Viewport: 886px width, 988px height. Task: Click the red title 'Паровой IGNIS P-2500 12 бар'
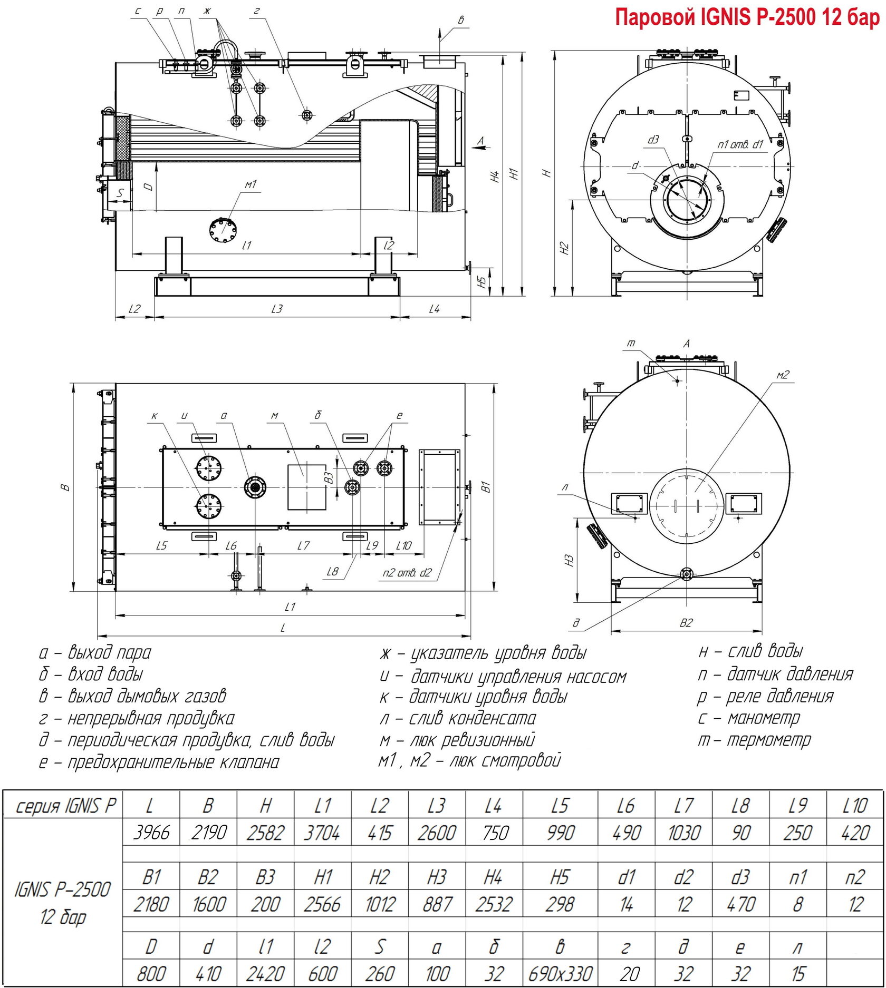click(747, 18)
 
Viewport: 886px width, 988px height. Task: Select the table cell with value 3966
click(152, 833)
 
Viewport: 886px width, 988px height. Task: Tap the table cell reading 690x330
click(560, 973)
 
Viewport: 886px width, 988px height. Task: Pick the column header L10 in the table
click(855, 805)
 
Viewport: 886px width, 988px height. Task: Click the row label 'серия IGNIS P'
click(65, 806)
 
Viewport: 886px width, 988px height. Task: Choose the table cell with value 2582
click(265, 833)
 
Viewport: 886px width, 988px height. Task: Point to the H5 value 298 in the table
click(560, 904)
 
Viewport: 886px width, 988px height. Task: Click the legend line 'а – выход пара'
click(95, 652)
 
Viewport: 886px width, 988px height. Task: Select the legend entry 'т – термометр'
click(754, 740)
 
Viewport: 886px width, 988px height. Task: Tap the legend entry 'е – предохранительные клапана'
click(159, 762)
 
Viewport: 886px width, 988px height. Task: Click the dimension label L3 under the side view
click(277, 309)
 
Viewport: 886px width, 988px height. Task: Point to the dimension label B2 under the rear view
click(686, 623)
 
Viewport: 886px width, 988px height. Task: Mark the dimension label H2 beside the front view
click(565, 248)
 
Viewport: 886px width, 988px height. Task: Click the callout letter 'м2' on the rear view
click(783, 375)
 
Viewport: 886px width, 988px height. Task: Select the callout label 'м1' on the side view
click(251, 184)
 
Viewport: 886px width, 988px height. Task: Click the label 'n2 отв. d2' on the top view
click(407, 573)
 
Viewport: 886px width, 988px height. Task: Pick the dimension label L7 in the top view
click(303, 545)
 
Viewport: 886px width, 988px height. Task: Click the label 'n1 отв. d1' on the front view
click(740, 144)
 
